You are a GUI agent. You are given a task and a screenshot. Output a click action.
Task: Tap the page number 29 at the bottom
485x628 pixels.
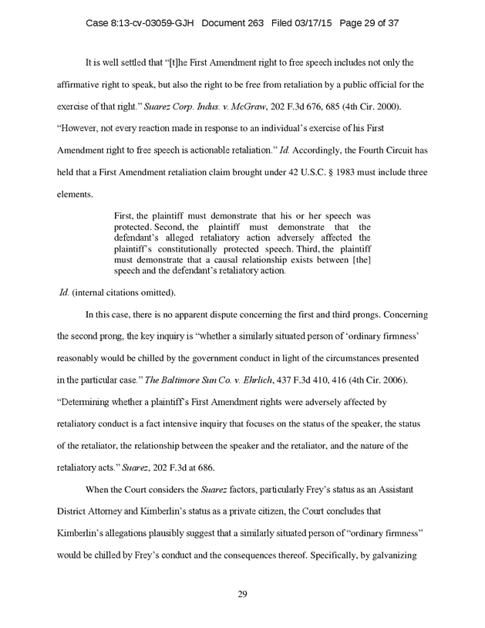coord(242,595)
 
